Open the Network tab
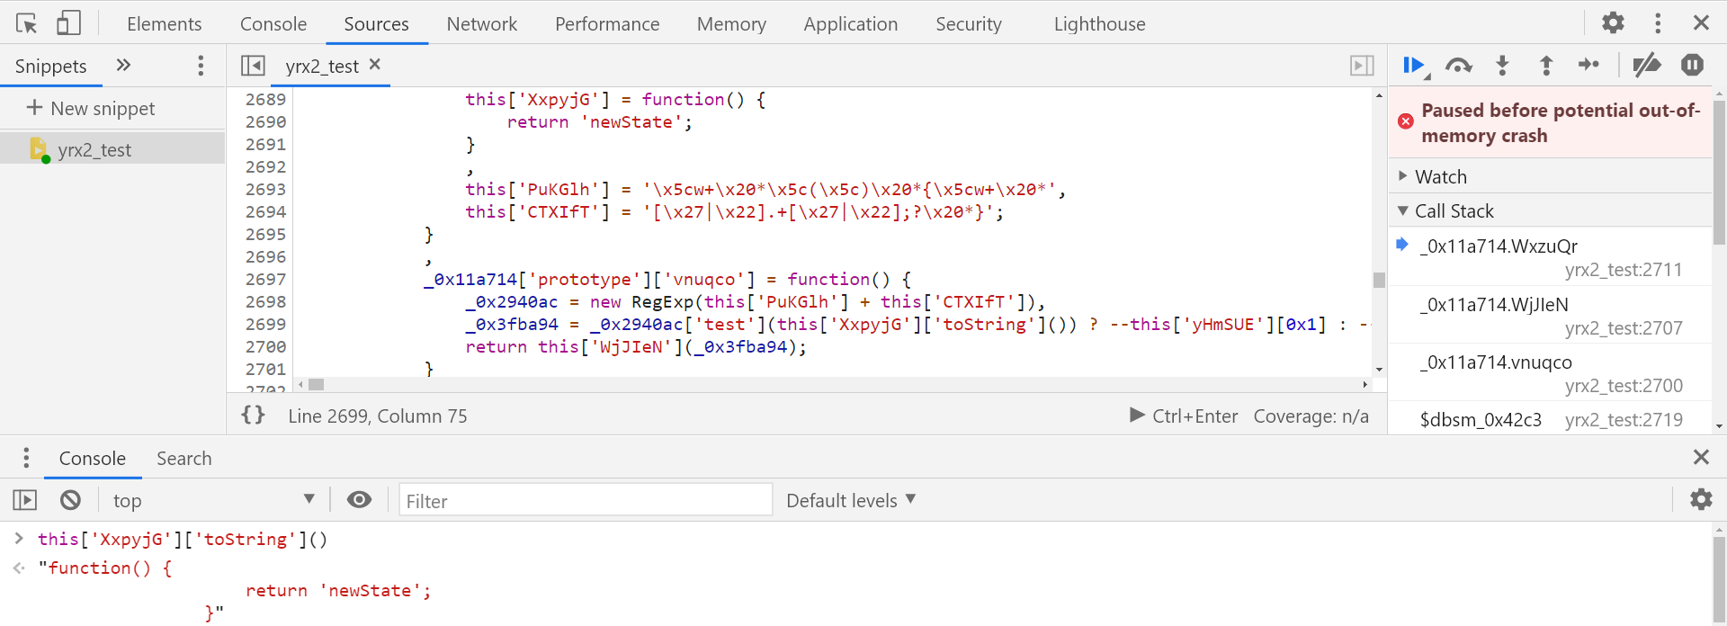point(481,24)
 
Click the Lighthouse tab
point(1099,24)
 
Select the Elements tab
point(164,24)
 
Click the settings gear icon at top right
point(1613,22)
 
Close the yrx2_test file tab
point(375,65)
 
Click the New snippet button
point(91,109)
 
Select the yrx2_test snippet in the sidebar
point(94,150)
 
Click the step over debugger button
point(1458,66)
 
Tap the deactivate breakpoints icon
point(1646,66)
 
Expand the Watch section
point(1440,177)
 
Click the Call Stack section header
point(1454,211)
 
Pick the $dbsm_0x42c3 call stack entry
point(1481,420)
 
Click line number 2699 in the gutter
point(265,325)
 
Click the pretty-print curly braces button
point(254,416)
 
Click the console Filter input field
point(585,501)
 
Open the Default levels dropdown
point(850,501)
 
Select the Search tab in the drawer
point(183,459)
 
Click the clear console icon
point(70,500)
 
